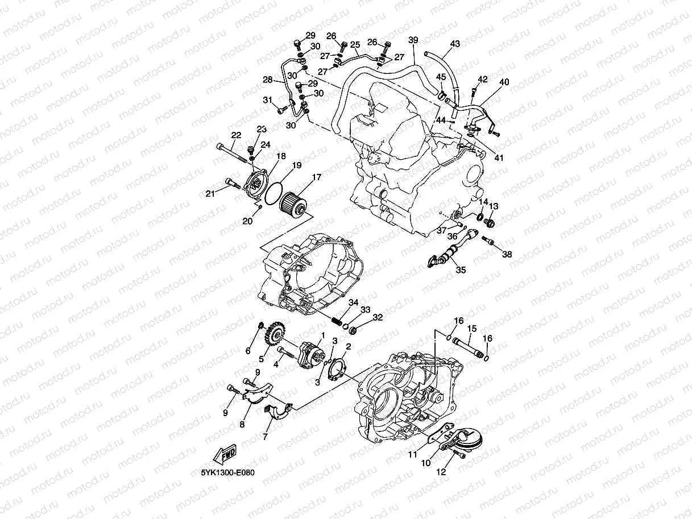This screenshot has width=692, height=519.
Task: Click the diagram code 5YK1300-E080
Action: coord(228,472)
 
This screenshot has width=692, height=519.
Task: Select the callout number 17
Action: coord(316,178)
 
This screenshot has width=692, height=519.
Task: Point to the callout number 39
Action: coord(413,40)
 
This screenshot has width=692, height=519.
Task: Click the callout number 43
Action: coord(455,44)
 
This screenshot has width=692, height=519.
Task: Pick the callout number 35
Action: coord(461,270)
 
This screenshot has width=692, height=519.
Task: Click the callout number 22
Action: coord(236,135)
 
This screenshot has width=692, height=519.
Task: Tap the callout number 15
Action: coord(472,329)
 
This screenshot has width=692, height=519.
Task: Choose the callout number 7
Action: coord(265,437)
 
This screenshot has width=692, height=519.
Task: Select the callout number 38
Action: coord(507,255)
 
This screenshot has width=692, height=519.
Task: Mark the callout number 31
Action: coord(267,100)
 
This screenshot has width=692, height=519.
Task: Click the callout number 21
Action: coord(210,194)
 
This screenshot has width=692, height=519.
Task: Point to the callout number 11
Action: coord(412,455)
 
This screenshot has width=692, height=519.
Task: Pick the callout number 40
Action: coord(504,82)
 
